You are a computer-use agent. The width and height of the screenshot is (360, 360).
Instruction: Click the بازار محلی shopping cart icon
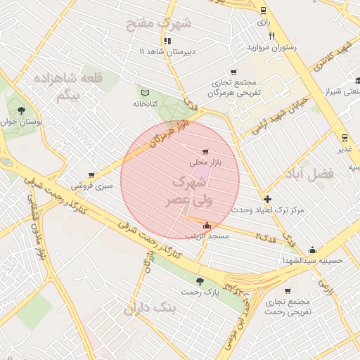point(205,151)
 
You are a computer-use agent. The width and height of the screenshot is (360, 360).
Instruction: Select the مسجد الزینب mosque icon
point(206,226)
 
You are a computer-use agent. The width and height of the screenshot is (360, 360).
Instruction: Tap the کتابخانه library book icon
point(146,93)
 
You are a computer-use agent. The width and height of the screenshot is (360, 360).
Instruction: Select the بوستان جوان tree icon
point(22,110)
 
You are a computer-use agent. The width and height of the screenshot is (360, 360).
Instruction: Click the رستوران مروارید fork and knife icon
point(271,37)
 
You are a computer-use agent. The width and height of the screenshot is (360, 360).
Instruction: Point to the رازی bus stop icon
point(263,11)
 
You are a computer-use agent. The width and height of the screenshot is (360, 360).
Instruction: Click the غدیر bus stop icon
point(345,138)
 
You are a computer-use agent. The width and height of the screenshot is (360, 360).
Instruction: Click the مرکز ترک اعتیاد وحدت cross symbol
point(267,199)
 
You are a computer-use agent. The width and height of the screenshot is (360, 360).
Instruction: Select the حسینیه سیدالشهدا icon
point(312,250)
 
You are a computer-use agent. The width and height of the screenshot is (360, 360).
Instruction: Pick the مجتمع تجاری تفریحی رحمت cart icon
point(287,290)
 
